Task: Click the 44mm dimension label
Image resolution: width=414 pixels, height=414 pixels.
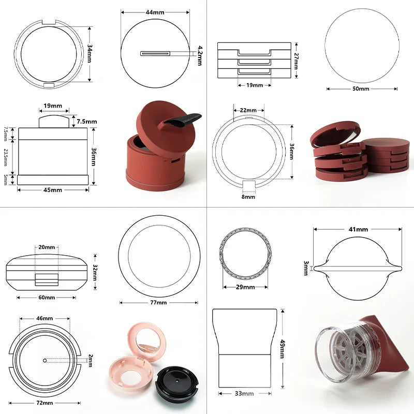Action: point(155,12)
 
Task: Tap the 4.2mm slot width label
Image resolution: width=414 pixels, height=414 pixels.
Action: point(200,55)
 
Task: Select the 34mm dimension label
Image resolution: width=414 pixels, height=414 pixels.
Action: point(90,53)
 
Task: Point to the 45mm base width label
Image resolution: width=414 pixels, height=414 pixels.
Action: point(53,190)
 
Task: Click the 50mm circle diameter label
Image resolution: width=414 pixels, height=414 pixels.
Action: point(361,88)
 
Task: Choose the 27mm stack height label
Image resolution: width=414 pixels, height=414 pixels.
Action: point(296,61)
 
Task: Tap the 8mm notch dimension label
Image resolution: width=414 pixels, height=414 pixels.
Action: point(248,197)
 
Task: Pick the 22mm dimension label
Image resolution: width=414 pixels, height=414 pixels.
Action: point(248,110)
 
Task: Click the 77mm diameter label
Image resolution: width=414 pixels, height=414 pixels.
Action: point(158,303)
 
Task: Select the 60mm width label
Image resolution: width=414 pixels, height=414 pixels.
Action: point(47,297)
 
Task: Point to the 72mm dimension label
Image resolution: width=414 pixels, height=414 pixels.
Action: point(45,403)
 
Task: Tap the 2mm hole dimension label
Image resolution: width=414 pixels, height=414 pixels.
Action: point(90,361)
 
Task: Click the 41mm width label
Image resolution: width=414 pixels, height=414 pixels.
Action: point(358,229)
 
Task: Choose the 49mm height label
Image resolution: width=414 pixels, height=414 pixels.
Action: point(282,349)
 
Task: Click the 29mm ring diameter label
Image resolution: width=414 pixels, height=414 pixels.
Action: point(245,287)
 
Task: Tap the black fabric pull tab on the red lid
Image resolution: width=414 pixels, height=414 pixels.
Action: point(182,120)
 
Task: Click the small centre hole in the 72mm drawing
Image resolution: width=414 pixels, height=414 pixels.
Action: point(45,360)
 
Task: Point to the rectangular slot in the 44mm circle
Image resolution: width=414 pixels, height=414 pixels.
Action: point(155,54)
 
